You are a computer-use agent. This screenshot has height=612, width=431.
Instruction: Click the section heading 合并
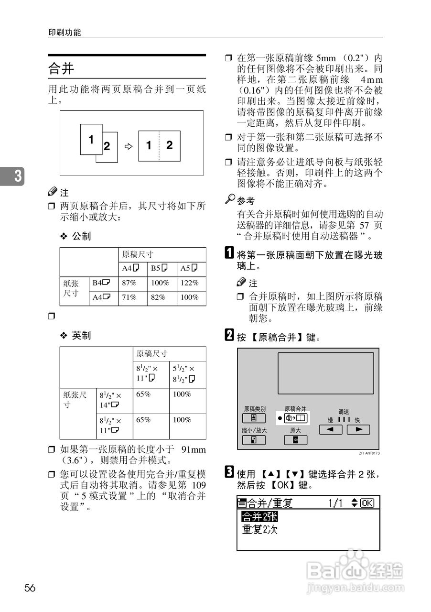(x=61, y=69)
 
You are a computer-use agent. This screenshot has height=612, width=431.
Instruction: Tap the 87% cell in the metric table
(x=129, y=283)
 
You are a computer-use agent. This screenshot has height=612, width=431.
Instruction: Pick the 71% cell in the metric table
(x=129, y=297)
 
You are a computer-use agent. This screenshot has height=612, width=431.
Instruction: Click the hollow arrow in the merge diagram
(x=128, y=147)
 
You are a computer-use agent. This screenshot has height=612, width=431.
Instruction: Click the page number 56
(x=30, y=588)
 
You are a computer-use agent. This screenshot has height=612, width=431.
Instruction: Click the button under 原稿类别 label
(x=255, y=419)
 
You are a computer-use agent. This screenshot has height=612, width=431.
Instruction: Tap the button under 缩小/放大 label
(x=255, y=440)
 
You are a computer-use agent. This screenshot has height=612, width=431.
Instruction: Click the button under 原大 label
(x=295, y=440)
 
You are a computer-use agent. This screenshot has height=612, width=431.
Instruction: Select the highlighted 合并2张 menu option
(x=259, y=517)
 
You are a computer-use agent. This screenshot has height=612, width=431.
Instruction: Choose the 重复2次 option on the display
(x=259, y=530)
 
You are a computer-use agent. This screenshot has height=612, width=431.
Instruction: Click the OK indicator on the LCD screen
(x=367, y=503)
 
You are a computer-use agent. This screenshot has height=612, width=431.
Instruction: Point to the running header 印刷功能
(x=65, y=33)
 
